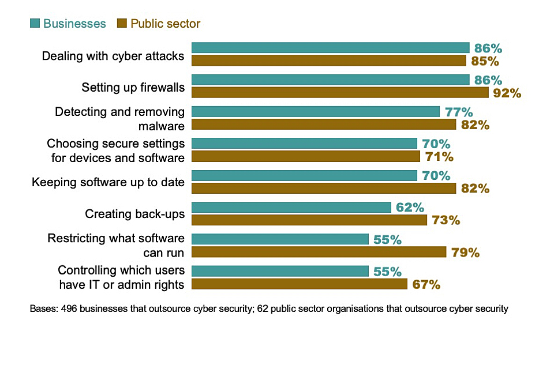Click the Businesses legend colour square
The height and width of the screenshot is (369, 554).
click(x=35, y=24)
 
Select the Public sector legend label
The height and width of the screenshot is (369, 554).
click(x=165, y=24)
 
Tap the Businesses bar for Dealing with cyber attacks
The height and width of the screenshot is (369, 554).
click(x=330, y=48)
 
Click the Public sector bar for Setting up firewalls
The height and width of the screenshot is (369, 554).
click(x=340, y=92)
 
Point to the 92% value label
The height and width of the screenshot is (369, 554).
click(x=507, y=93)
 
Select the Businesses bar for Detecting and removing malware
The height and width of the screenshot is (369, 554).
click(x=316, y=111)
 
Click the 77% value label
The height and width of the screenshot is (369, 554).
click(x=458, y=112)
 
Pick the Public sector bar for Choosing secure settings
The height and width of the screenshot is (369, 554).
click(x=306, y=156)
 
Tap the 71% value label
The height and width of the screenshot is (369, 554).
click(x=439, y=157)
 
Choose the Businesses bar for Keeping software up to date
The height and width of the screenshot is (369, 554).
click(x=304, y=175)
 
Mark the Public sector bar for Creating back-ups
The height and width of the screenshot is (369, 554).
click(x=309, y=220)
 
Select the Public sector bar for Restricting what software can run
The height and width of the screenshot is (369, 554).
click(x=319, y=251)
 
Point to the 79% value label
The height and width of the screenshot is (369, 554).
click(x=465, y=252)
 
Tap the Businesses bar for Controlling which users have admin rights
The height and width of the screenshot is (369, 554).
click(x=280, y=271)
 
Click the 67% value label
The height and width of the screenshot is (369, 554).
click(x=426, y=284)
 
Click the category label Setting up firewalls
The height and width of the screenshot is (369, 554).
click(x=133, y=88)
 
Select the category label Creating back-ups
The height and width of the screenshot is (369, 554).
click(x=135, y=214)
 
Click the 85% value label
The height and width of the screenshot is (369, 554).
click(x=485, y=61)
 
